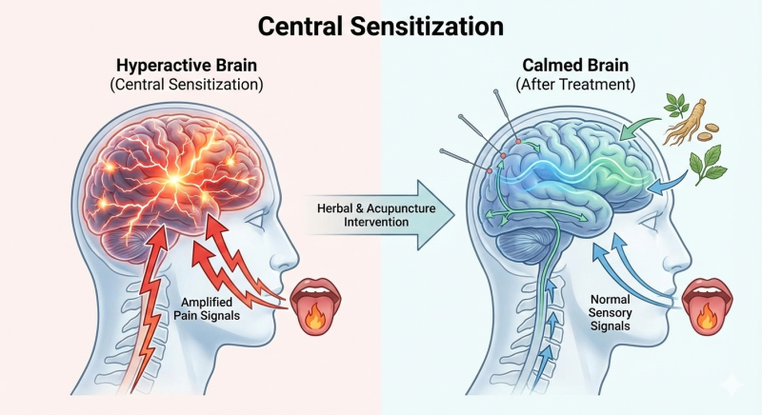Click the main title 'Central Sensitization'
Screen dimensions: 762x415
click(x=380, y=27)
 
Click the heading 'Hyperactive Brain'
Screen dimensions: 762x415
click(x=187, y=65)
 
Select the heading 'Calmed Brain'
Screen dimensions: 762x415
click(x=575, y=65)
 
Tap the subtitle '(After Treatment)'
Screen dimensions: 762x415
click(x=575, y=85)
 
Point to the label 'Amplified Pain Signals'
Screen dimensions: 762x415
click(x=207, y=308)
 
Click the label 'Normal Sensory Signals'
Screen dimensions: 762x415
click(x=610, y=312)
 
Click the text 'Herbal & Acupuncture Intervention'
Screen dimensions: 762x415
click(x=376, y=215)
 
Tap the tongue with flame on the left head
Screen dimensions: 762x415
click(x=315, y=306)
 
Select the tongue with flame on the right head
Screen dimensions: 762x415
click(x=707, y=306)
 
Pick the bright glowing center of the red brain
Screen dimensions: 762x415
click(x=174, y=180)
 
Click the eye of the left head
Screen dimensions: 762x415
click(x=256, y=221)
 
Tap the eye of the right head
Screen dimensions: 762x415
click(x=649, y=221)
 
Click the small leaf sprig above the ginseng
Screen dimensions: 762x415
click(x=675, y=105)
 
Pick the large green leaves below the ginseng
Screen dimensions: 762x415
click(x=707, y=164)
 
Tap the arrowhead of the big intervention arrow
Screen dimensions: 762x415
click(x=435, y=215)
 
